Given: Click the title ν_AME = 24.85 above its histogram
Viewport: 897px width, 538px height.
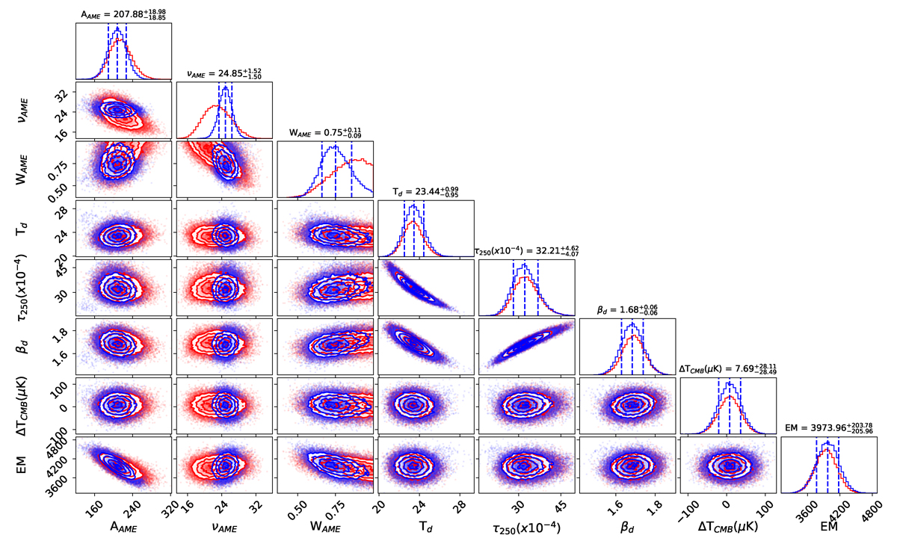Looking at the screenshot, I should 224,73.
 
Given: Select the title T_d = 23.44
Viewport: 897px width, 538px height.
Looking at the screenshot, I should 425,192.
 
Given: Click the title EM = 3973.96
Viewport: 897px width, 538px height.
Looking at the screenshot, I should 827,428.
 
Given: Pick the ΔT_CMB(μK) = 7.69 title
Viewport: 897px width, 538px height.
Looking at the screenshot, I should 727,368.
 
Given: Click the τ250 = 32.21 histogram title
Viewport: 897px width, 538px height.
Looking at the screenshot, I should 526,250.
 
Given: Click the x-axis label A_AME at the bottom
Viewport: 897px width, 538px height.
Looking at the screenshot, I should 124,526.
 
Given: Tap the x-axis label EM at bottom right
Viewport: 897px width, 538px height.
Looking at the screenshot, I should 829,526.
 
